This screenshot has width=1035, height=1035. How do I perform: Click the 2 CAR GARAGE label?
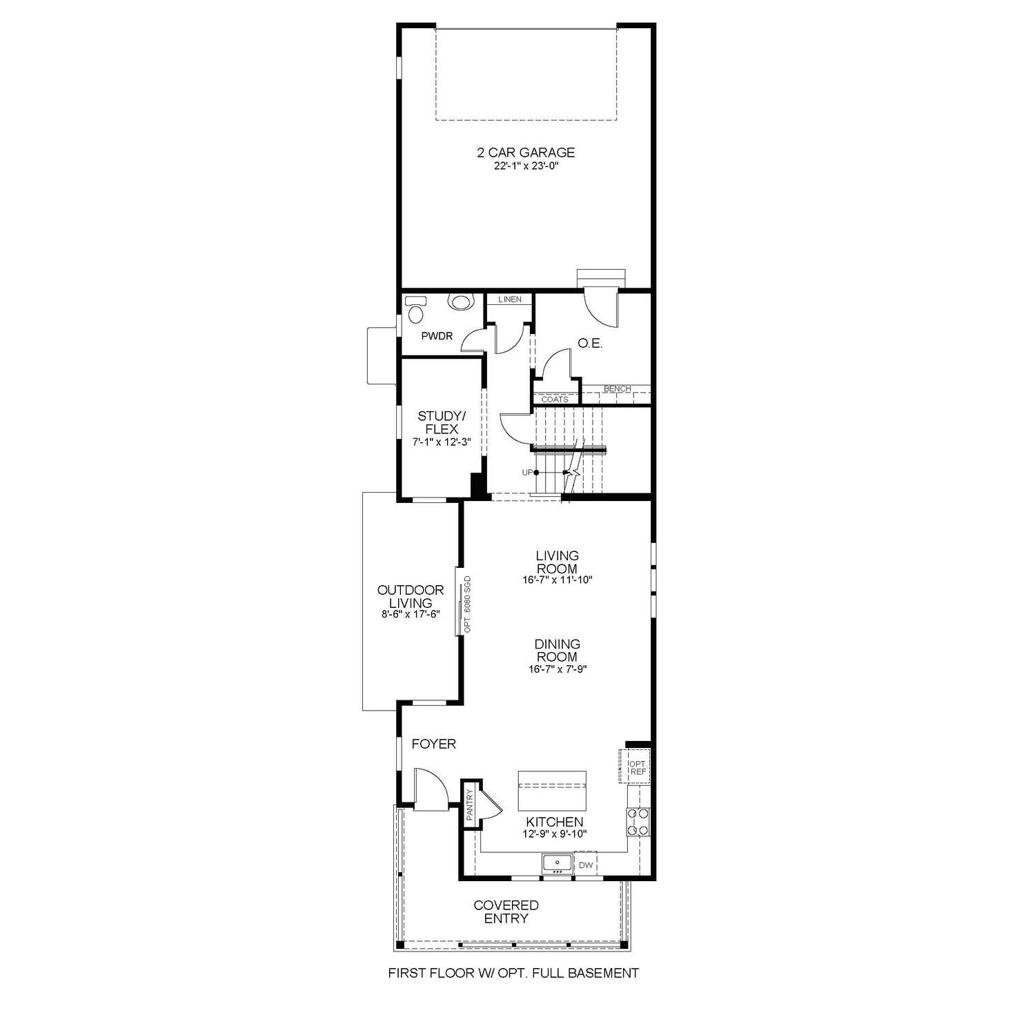point(526,152)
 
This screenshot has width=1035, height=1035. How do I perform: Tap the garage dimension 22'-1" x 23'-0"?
point(526,166)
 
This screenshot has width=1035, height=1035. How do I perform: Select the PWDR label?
point(437,336)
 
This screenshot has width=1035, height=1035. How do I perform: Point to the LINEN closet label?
point(510,299)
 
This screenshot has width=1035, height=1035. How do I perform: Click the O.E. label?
point(590,343)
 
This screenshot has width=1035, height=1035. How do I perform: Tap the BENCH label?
point(617,389)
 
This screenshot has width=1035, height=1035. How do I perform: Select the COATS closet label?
point(555,400)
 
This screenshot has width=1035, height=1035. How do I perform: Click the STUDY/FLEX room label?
point(442,422)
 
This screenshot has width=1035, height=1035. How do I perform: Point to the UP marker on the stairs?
point(528,473)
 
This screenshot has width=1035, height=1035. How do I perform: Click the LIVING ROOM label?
point(557,562)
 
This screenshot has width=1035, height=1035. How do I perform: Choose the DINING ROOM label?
point(557,650)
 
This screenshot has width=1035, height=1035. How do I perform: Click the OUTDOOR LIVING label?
point(411,596)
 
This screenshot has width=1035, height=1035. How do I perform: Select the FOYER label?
point(433,744)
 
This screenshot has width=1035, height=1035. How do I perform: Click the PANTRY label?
point(469,805)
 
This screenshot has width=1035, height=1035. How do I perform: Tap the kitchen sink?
point(556,862)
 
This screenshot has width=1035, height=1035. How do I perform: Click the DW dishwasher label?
point(586,865)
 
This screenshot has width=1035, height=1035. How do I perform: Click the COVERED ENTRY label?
point(506,911)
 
